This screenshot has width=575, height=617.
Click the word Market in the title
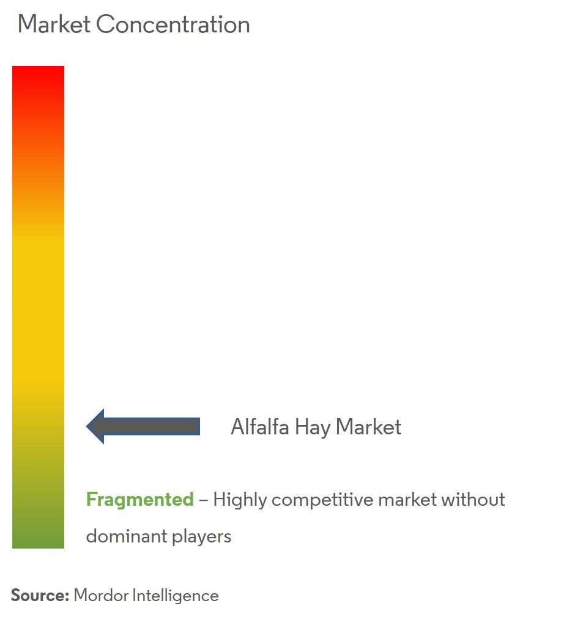coord(54,24)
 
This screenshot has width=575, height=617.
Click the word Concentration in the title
coord(173,24)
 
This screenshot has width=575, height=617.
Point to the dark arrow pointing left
coord(143,426)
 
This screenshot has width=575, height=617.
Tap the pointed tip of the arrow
coord(87,426)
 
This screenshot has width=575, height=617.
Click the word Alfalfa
coord(260,426)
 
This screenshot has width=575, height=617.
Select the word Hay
coord(313,428)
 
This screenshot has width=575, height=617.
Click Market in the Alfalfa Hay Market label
coord(368,426)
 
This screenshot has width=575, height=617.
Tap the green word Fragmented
coord(140,500)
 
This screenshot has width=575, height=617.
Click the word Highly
coord(240,500)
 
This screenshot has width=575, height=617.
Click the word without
coord(473,499)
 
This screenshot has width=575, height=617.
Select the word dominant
coord(127,536)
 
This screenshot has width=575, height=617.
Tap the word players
coord(202,537)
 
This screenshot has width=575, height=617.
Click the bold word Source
coord(40,596)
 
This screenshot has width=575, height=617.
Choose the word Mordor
coord(102,596)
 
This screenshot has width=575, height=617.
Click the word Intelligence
coord(176,596)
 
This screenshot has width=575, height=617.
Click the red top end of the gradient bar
coord(38,68)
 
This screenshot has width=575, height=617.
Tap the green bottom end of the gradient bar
coord(38,547)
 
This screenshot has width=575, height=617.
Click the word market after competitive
coord(407,500)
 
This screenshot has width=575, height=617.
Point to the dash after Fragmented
coord(203,500)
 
